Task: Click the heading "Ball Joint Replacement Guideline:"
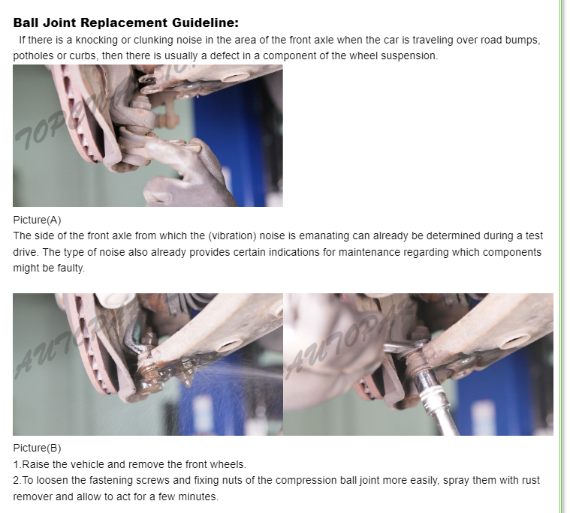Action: [125, 22]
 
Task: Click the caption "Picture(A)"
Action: [37, 220]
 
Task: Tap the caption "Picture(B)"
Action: [37, 448]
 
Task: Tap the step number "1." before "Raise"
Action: [17, 464]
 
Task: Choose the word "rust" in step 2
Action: [531, 480]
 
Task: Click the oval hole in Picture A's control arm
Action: [234, 77]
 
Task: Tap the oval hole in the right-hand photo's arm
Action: [517, 341]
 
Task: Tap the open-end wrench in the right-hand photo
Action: [403, 346]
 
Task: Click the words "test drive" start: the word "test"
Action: [535, 236]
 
